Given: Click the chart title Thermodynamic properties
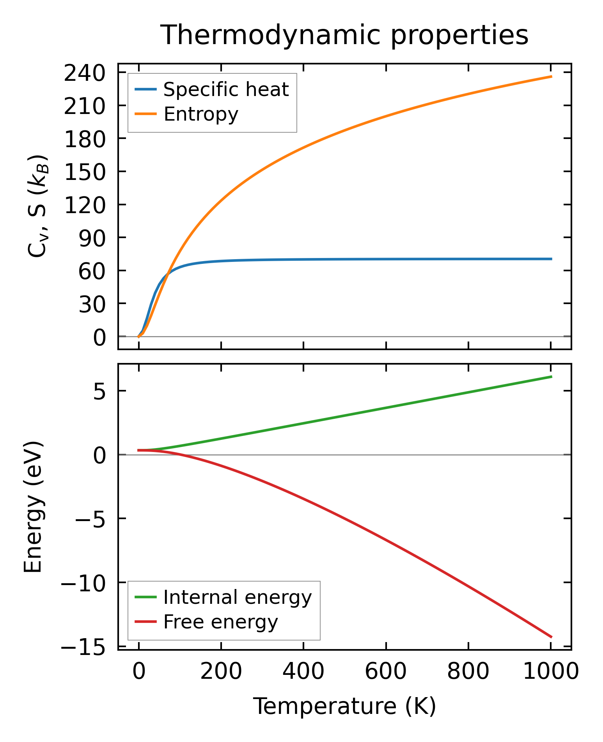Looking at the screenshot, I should (344, 35).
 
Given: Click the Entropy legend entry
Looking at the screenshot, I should (200, 114).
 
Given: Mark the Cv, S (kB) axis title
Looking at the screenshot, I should (38, 206).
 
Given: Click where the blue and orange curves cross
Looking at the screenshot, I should (168, 274).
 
